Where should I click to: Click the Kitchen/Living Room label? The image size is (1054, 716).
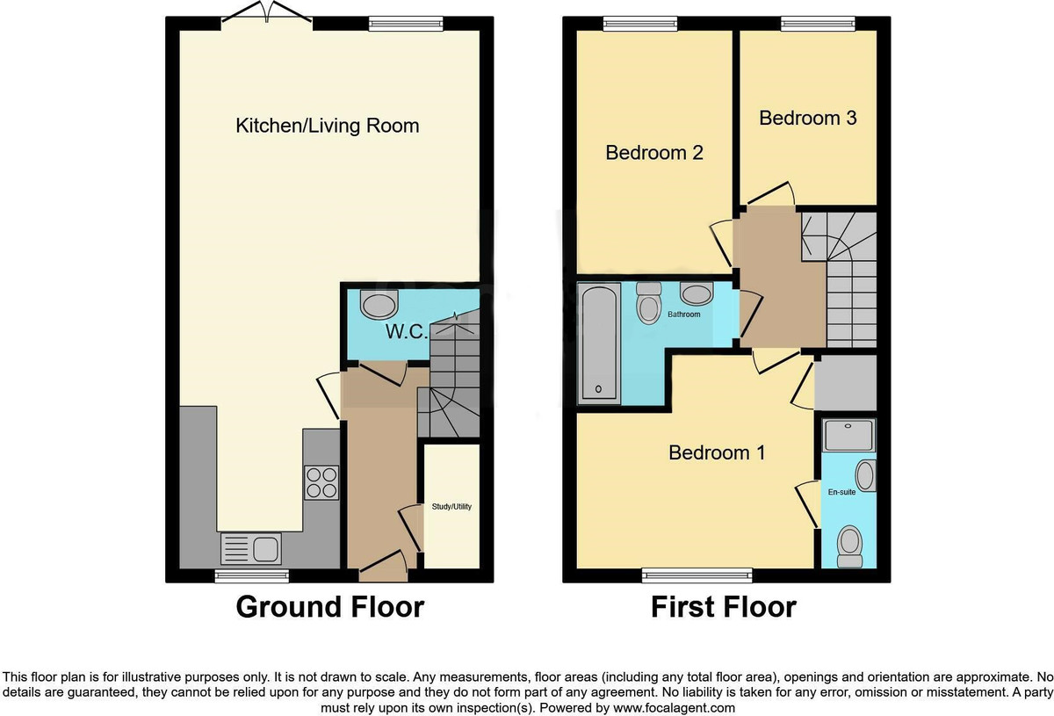327,126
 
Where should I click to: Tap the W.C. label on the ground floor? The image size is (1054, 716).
406,332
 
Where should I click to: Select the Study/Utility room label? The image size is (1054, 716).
451,506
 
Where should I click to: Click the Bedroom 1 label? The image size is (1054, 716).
717,452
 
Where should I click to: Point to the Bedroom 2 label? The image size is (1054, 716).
654,153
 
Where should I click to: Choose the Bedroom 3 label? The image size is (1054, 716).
807,118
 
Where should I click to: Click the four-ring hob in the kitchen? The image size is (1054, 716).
321,482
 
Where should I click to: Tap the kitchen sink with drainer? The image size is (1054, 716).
251,550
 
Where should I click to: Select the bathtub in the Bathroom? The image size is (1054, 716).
600,344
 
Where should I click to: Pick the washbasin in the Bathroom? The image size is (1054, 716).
697,294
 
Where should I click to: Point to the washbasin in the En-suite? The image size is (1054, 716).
865,477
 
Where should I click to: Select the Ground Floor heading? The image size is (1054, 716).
329,607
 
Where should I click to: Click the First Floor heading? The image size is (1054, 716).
723,607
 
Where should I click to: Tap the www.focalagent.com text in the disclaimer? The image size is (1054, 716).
674,707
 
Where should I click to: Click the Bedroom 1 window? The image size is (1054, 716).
697,575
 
